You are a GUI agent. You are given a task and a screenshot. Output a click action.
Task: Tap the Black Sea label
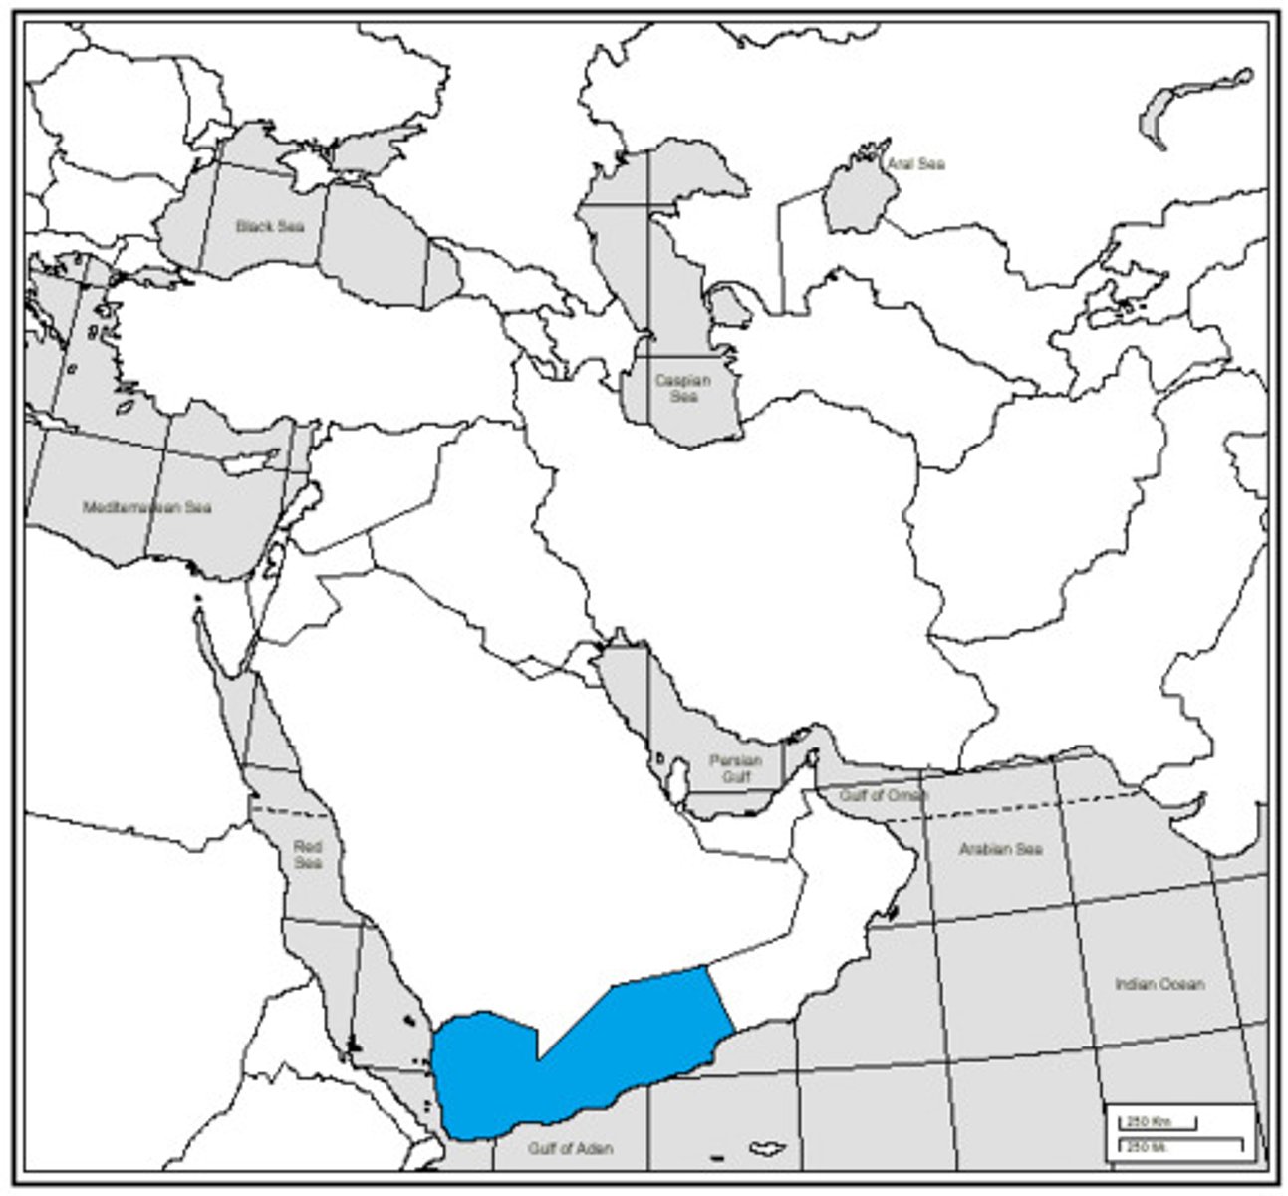pos(269,226)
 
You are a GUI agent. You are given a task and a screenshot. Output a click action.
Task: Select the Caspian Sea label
pos(683,388)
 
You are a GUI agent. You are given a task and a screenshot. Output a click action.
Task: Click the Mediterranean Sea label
pos(147,507)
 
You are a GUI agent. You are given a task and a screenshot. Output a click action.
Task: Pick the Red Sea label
pos(308,855)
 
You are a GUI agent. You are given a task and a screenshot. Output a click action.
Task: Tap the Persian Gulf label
pos(736,767)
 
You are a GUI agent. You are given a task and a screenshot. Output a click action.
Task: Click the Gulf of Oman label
pos(883,796)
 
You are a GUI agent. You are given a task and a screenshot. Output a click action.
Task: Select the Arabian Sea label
pos(1001,849)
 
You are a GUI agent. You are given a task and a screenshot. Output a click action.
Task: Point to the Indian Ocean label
pos(1159,984)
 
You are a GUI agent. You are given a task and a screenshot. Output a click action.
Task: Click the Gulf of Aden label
pos(571,1148)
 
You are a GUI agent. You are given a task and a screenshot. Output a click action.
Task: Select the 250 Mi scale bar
pos(1180,1145)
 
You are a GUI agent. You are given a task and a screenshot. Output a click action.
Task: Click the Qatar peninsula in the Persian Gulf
pos(681,771)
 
